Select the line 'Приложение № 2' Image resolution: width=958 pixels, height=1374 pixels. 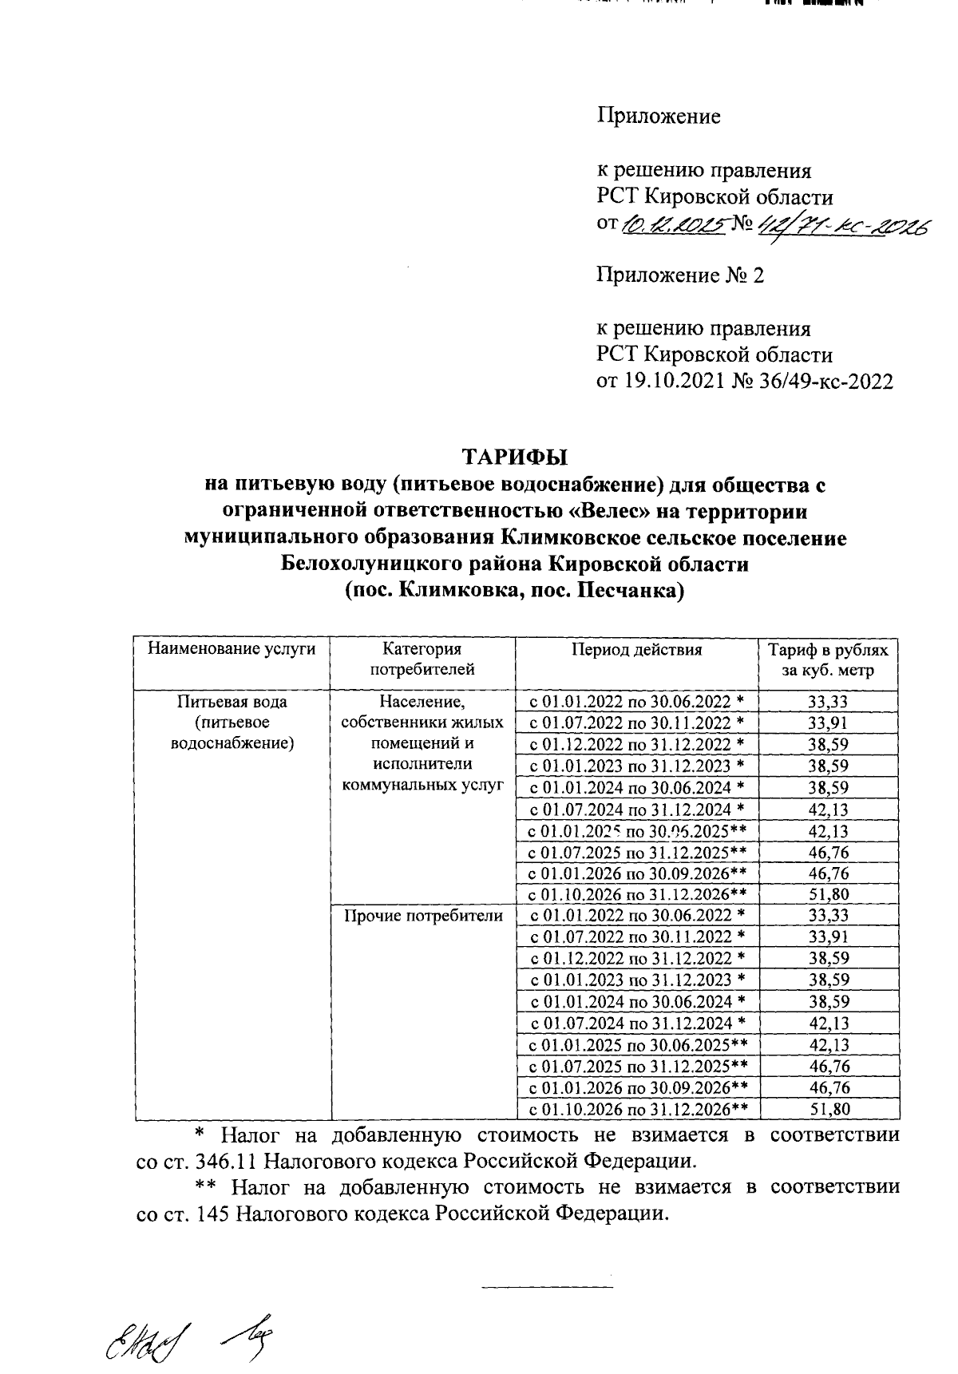(681, 276)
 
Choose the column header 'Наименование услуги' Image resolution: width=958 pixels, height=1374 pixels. (232, 649)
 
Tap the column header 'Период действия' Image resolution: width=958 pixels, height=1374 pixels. (636, 649)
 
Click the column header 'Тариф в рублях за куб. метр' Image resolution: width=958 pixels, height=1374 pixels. (827, 659)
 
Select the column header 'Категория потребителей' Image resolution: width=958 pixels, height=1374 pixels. (422, 659)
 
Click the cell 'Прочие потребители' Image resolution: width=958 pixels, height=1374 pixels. (423, 916)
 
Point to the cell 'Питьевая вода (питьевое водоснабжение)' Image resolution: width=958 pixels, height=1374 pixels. (232, 723)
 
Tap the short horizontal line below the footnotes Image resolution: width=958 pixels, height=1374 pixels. (548, 1286)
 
